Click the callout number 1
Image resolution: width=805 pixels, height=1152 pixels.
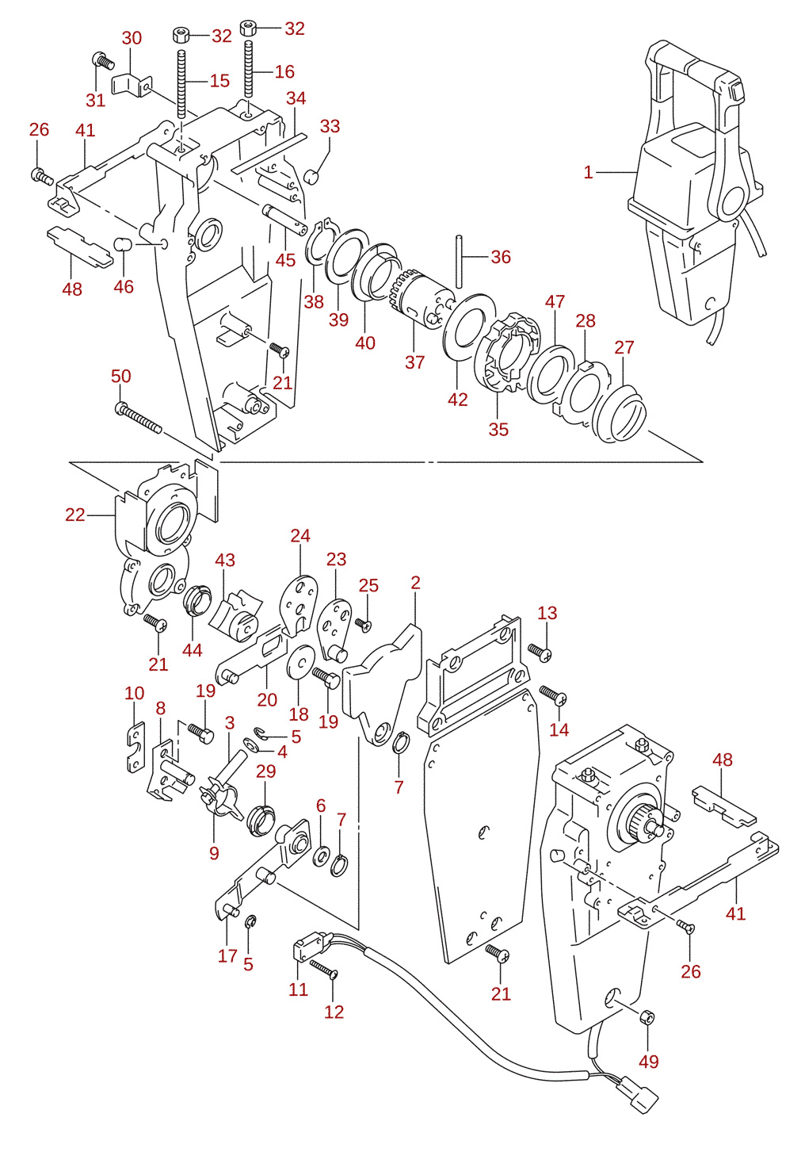click(589, 172)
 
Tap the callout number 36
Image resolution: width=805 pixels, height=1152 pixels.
click(501, 257)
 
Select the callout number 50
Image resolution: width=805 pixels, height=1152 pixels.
click(121, 376)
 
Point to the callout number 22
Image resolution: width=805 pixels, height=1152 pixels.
click(75, 515)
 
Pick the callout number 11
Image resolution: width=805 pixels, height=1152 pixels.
click(298, 989)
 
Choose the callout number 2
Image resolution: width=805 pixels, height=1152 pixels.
click(416, 582)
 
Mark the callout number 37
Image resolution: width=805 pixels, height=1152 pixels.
click(415, 362)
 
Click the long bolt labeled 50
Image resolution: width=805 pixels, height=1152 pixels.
click(138, 419)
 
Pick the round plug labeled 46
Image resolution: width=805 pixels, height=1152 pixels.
click(123, 244)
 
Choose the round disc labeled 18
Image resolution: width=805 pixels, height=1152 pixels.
click(301, 662)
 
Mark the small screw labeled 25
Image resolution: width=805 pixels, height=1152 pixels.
click(364, 624)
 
